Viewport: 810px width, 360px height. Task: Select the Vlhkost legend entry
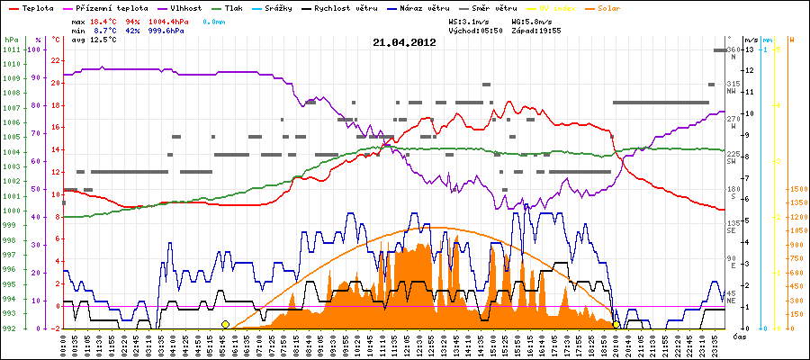[x=184, y=7]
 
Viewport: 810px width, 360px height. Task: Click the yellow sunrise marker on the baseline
[x=225, y=324]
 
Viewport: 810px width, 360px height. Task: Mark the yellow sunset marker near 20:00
[x=616, y=325]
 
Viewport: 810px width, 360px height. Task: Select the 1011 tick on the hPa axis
[x=11, y=50]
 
